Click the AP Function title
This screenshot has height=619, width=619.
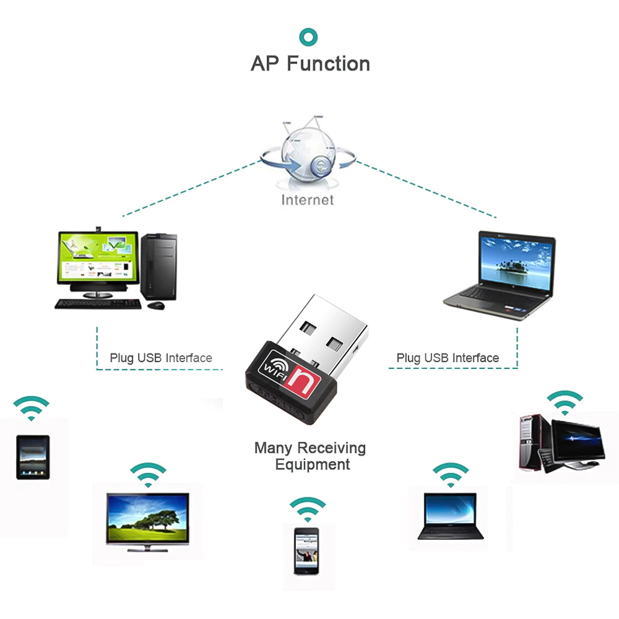click(310, 64)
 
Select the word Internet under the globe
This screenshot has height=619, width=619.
click(307, 200)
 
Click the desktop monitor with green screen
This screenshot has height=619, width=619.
click(98, 258)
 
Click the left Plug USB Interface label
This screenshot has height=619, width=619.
click(161, 358)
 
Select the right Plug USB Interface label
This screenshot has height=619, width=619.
click(448, 358)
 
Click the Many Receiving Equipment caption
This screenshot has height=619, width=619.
click(310, 456)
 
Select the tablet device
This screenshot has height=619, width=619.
click(33, 457)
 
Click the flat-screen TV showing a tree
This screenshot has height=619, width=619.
click(147, 520)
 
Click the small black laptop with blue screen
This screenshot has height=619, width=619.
click(450, 515)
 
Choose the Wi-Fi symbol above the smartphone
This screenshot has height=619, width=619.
click(307, 509)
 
